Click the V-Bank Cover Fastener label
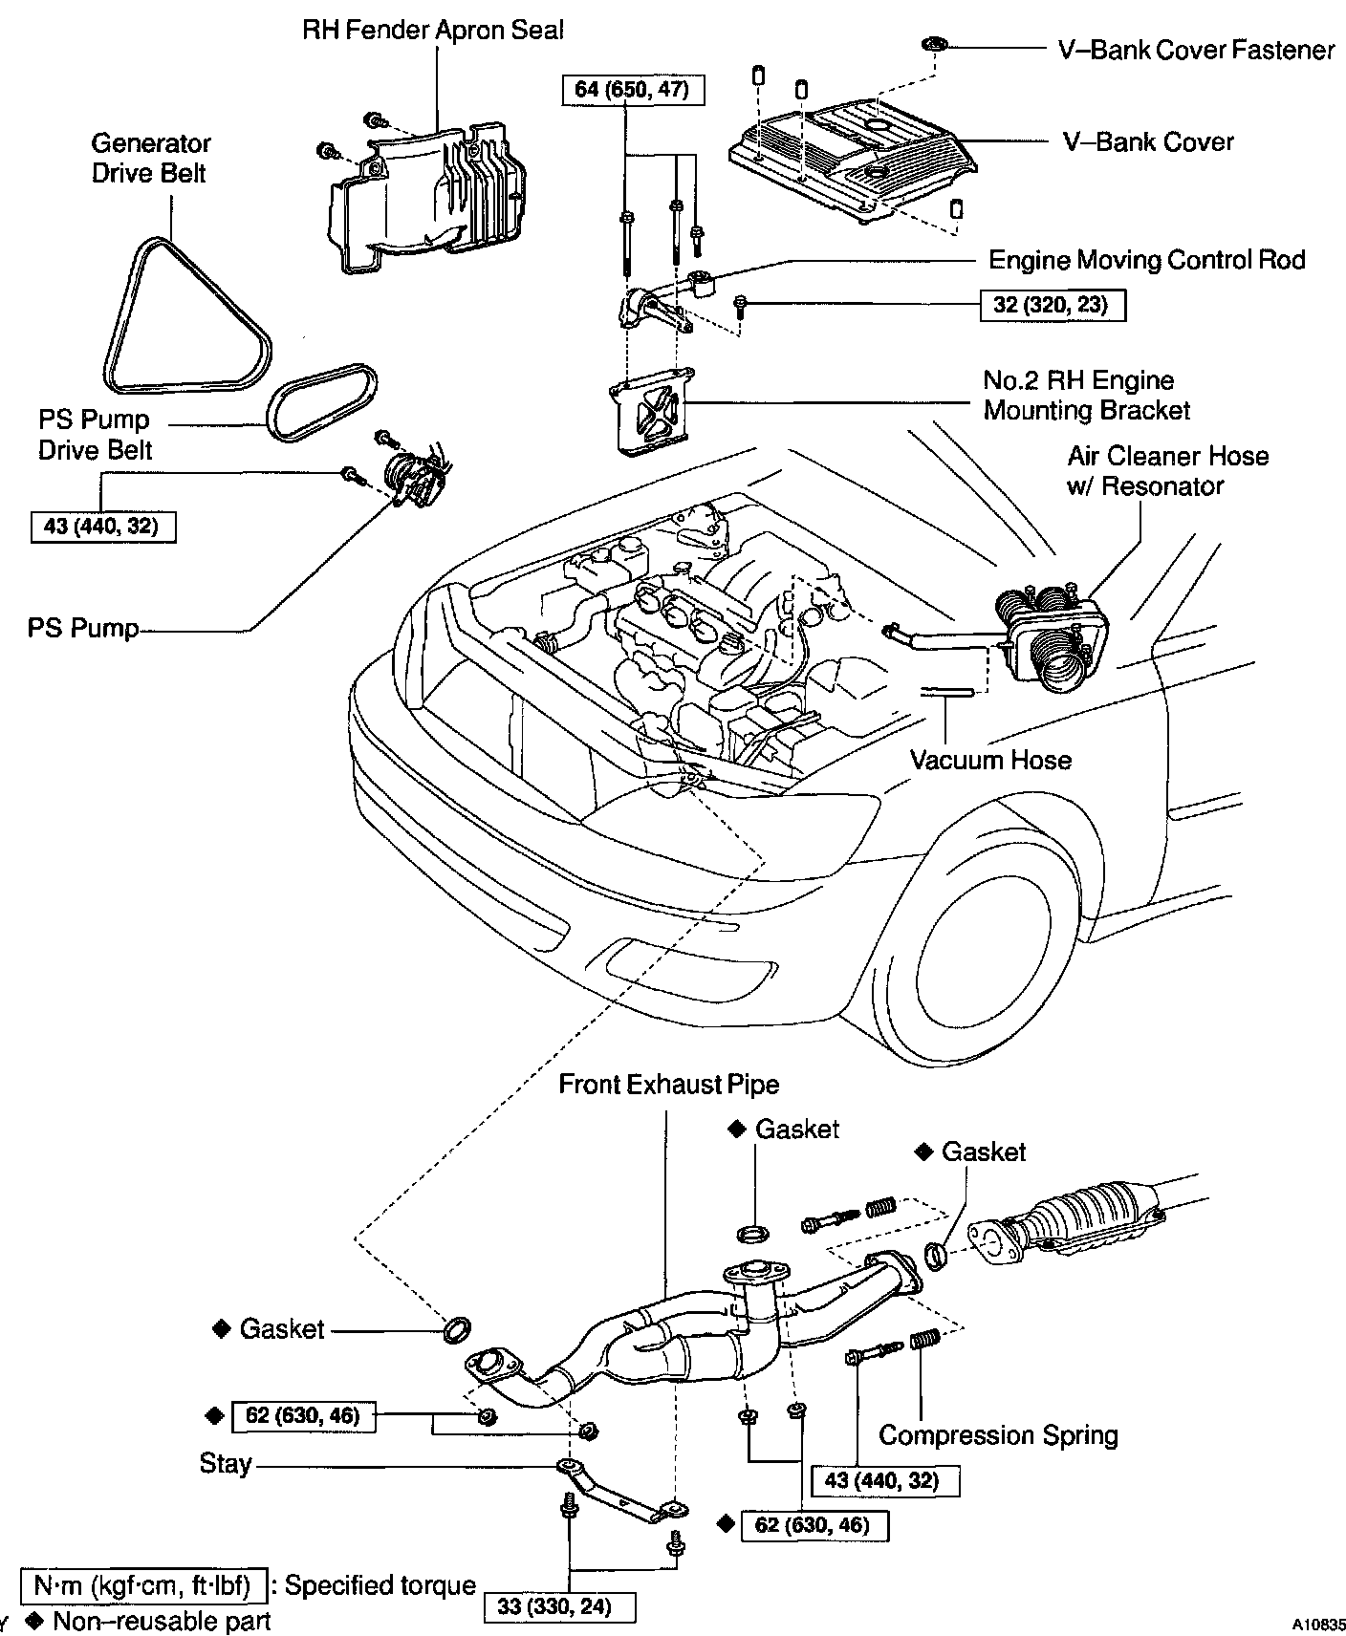point(1195,50)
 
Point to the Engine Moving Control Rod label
point(1146,260)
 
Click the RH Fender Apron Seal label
point(433,30)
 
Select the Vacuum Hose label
point(990,760)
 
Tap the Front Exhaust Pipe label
point(668,1085)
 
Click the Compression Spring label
point(998,1434)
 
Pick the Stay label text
point(226,1463)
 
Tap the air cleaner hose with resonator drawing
point(1052,631)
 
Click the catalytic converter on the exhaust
point(1090,1223)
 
